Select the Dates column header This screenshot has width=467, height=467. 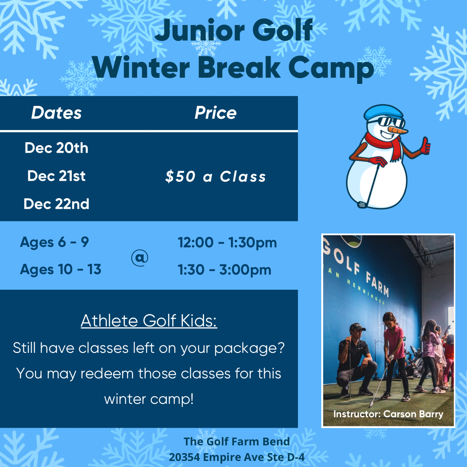[56, 113]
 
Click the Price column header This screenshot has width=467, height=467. [215, 113]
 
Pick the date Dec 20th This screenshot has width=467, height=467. [56, 148]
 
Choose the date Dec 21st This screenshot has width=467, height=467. [56, 176]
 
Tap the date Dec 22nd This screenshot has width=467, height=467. [56, 204]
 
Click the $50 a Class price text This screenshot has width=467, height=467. [215, 176]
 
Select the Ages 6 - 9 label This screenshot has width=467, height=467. [54, 242]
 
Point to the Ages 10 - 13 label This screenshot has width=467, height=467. [61, 269]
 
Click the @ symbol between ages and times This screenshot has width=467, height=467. [139, 258]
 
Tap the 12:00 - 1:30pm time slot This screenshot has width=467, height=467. [227, 243]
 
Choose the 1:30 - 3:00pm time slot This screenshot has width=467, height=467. [224, 270]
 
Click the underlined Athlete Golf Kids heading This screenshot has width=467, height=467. [149, 321]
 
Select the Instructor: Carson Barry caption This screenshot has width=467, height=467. [388, 414]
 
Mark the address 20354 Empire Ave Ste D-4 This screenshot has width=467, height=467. [237, 457]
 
